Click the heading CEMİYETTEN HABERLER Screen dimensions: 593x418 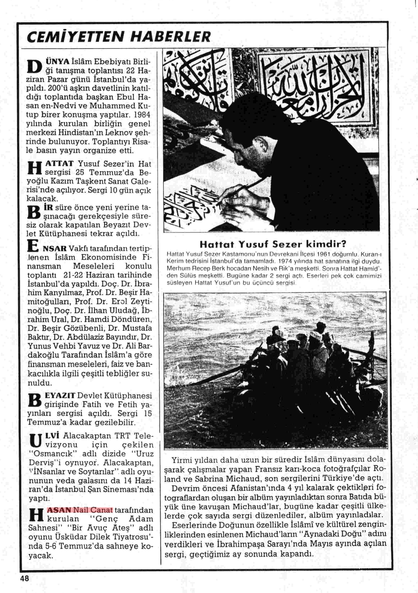pos(119,37)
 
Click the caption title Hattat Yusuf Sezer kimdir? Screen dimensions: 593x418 pos(273,244)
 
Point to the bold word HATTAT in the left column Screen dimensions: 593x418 pos(60,164)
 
